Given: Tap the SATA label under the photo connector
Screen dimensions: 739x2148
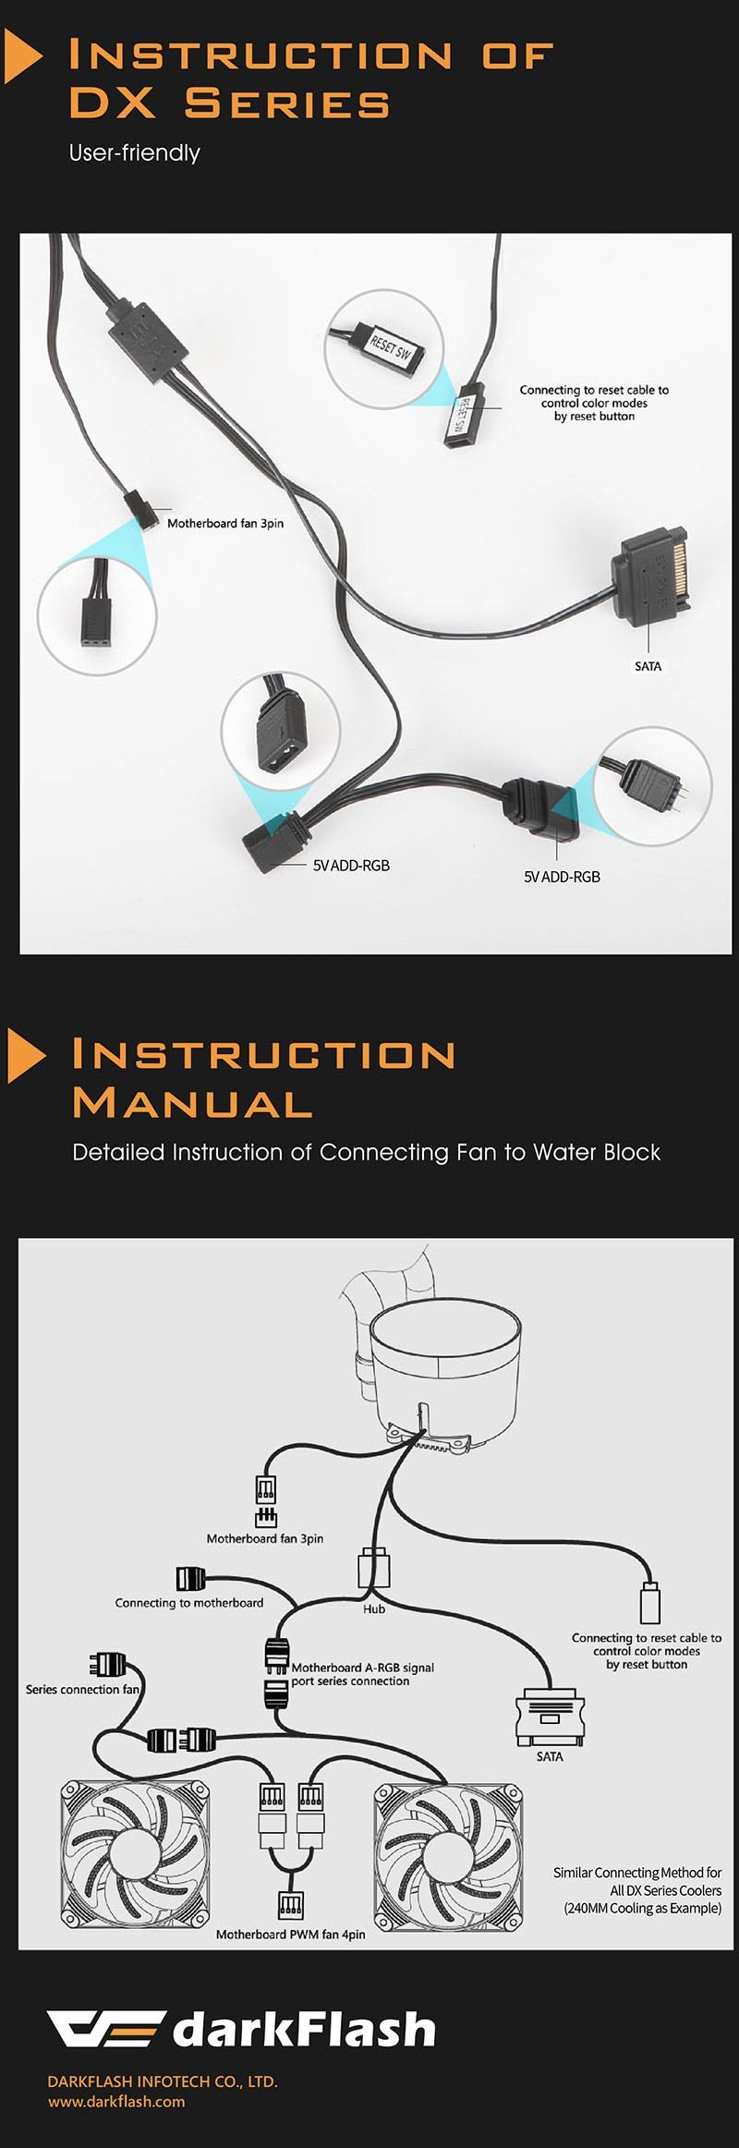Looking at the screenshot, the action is (x=648, y=666).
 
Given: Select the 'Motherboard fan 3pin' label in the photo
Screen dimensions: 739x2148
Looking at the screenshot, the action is (x=225, y=523).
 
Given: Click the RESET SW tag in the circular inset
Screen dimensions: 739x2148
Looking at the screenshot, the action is (x=390, y=347).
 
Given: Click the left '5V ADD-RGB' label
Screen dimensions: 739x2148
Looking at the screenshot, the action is (x=351, y=866).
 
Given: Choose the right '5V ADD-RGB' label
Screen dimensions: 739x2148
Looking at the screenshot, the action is (x=562, y=877).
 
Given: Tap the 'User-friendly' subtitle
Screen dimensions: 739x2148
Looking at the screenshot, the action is (x=135, y=152).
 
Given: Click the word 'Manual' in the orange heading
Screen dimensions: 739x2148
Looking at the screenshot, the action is (x=192, y=1103).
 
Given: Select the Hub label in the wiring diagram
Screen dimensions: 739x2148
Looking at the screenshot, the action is (x=374, y=1608).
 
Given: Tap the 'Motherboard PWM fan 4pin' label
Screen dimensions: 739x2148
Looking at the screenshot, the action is (x=291, y=1934).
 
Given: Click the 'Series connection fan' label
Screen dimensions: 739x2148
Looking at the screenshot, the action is (x=83, y=1689).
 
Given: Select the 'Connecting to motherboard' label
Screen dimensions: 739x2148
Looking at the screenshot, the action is (x=189, y=1603).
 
